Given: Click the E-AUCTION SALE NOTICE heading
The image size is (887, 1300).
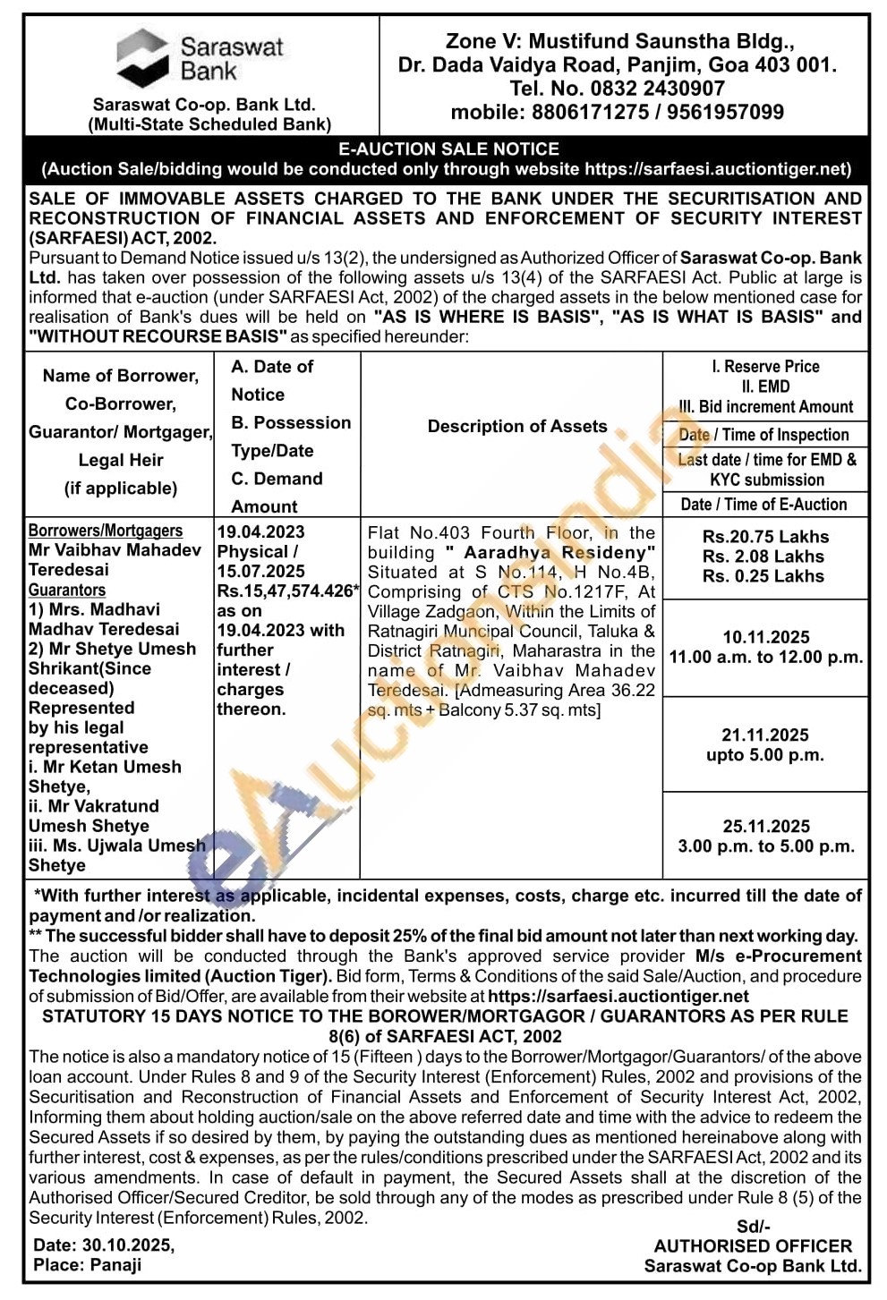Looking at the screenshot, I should [448, 149].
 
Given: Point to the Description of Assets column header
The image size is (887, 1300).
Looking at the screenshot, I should [517, 427].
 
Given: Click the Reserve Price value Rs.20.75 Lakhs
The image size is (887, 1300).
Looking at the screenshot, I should [765, 537].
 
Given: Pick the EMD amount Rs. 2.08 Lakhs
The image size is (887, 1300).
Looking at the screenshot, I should [763, 557].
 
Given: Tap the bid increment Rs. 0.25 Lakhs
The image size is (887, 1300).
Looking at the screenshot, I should [763, 576].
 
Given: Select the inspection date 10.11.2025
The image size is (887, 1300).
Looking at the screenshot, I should [766, 637].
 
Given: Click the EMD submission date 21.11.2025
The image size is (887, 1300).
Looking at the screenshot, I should [765, 735].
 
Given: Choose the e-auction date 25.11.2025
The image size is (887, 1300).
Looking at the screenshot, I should [766, 827].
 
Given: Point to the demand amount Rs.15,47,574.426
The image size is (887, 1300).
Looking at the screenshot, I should [286, 591].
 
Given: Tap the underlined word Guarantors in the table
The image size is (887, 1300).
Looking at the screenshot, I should [67, 591].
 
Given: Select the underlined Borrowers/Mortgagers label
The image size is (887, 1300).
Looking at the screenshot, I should [106, 531].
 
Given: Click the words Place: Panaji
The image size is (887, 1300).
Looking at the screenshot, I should [88, 1265].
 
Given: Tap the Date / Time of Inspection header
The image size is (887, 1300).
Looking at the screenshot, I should [763, 435].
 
